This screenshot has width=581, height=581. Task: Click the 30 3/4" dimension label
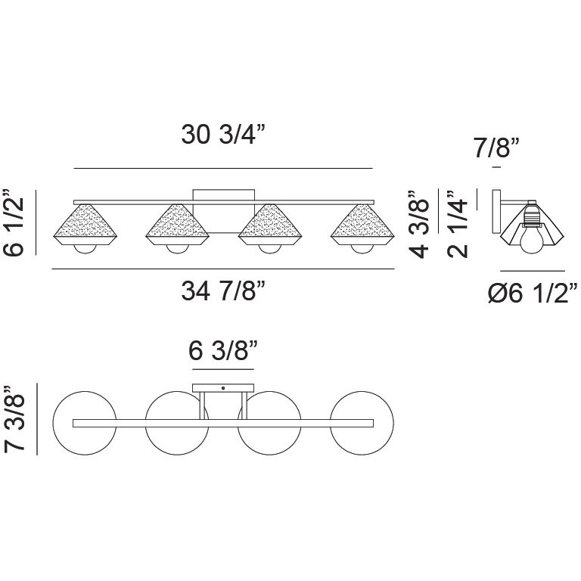point(223,134)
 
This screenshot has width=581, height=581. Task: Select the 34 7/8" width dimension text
point(223,290)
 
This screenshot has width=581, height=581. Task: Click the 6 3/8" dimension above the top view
point(223,350)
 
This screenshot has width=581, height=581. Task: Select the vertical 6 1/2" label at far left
point(14,222)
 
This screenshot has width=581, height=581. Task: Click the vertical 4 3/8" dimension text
point(419,224)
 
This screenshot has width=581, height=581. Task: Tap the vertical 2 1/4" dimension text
point(458,224)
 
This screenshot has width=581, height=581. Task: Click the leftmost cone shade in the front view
point(85,225)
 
